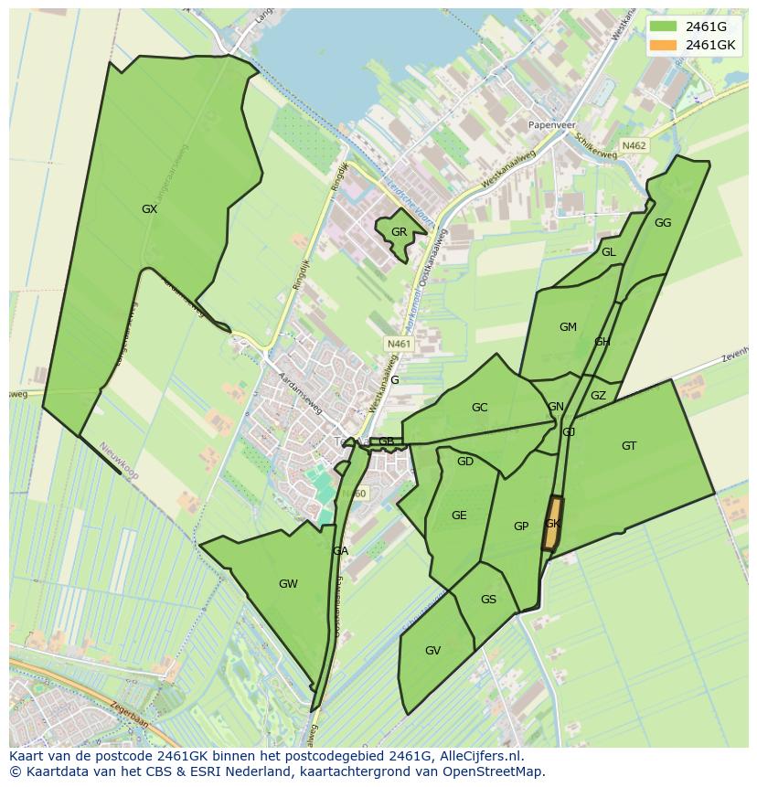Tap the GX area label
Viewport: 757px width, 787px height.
click(x=149, y=209)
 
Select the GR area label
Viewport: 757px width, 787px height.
click(x=399, y=232)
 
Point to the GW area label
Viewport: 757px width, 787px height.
click(x=288, y=584)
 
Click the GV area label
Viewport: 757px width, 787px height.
click(x=432, y=651)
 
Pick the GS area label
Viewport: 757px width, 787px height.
click(x=488, y=600)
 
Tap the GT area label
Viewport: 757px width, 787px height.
click(x=629, y=446)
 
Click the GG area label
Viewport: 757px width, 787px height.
click(x=663, y=223)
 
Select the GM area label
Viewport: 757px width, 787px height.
click(x=568, y=327)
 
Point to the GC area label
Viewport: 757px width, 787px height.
click(x=479, y=408)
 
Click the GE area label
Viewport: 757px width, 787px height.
click(x=459, y=516)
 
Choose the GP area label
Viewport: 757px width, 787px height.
click(x=521, y=526)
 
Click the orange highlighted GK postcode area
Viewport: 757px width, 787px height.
click(x=552, y=524)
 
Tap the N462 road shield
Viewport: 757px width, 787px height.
click(x=634, y=145)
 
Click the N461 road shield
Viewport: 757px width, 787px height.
click(x=400, y=344)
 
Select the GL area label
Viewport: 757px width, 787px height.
click(x=608, y=252)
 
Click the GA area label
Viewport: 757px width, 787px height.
click(x=340, y=551)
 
